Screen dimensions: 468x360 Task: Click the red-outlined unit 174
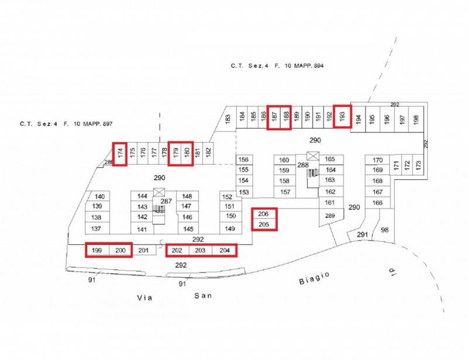click(x=120, y=154)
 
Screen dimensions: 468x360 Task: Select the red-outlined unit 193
click(x=342, y=117)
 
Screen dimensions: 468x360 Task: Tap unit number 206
click(x=263, y=214)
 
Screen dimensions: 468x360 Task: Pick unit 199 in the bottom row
click(x=97, y=250)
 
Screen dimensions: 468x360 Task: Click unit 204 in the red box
click(x=225, y=250)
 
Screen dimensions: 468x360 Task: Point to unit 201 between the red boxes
click(x=143, y=250)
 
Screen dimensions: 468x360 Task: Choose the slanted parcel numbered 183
click(x=226, y=119)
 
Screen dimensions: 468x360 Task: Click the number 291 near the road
click(x=362, y=235)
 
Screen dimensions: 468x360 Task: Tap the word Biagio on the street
click(x=314, y=278)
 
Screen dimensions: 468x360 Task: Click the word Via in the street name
click(x=144, y=297)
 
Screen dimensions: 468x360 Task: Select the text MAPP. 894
click(x=309, y=65)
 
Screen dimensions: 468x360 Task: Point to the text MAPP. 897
click(x=98, y=123)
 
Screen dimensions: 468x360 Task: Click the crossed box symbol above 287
click(x=159, y=192)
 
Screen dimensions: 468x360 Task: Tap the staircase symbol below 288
click(x=312, y=173)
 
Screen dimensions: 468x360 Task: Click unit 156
click(x=244, y=160)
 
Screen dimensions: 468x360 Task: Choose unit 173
click(x=418, y=164)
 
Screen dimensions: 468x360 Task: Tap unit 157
click(x=285, y=192)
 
